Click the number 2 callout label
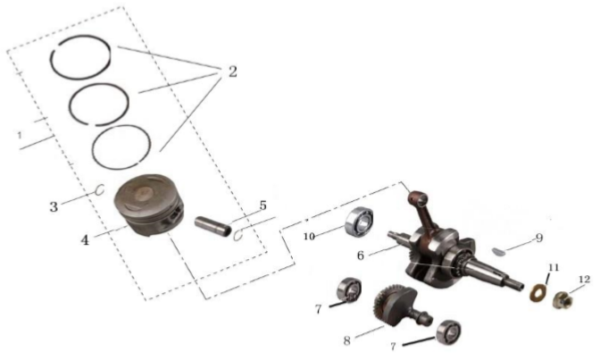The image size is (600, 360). pos(233,71)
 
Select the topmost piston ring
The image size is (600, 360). pos(80,37)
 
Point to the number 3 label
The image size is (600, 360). pos(54,207)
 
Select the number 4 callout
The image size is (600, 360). pos(85,240)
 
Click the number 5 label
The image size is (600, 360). pos(262,205)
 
